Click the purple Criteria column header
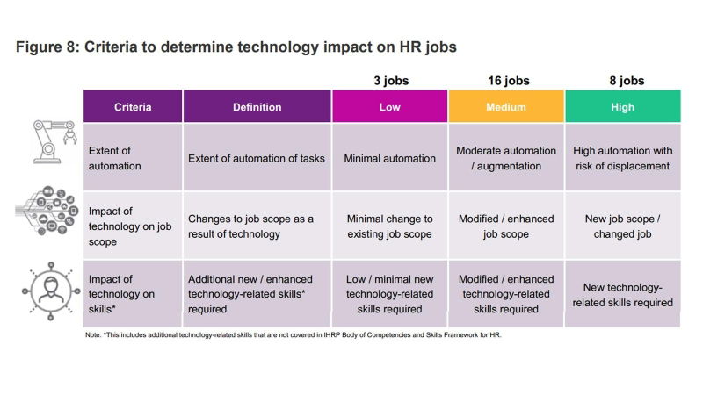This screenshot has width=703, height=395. (x=133, y=107)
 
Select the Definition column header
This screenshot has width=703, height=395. (x=257, y=107)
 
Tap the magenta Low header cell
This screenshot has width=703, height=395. (x=389, y=107)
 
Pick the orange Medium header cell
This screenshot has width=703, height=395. (x=506, y=107)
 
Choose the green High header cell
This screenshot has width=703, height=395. (x=621, y=107)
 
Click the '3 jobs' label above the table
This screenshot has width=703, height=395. (x=389, y=81)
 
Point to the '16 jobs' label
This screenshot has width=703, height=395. (x=507, y=81)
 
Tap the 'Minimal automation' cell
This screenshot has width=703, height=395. (x=390, y=159)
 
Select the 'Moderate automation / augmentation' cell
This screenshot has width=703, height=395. (x=506, y=158)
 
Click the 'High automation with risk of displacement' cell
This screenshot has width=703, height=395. (x=622, y=158)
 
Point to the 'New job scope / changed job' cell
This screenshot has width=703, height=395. (x=622, y=226)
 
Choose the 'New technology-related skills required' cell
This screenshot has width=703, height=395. (x=622, y=295)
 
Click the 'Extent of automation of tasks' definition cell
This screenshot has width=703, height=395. (x=257, y=159)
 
